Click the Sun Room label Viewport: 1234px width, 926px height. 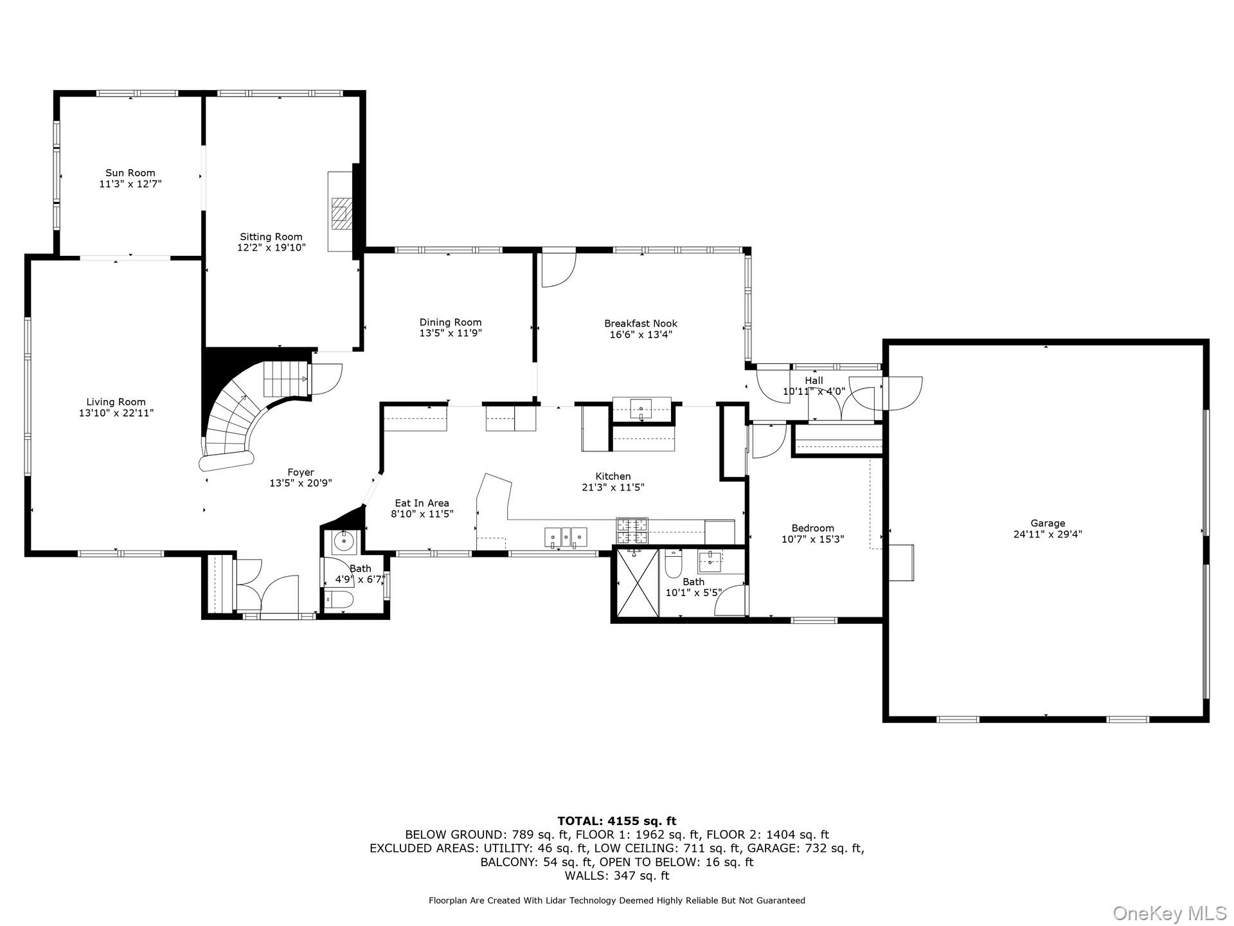(130, 172)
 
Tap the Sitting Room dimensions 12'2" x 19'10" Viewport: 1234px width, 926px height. (271, 248)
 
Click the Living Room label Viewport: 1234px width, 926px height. (116, 402)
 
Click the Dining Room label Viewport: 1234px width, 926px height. (450, 322)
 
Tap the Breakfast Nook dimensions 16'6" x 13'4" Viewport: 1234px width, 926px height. (641, 334)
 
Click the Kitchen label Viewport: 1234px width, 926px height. (613, 477)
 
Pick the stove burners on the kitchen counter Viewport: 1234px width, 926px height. (632, 531)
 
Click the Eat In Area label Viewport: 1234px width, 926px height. (422, 504)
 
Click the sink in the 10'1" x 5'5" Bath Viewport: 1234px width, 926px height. (711, 560)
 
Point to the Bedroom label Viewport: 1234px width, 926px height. (812, 528)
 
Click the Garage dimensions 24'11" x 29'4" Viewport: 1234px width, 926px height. (1048, 534)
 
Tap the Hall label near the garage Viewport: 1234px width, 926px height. (814, 381)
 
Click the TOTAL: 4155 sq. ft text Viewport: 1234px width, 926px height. (616, 821)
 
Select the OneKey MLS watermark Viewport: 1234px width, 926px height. (1170, 912)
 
